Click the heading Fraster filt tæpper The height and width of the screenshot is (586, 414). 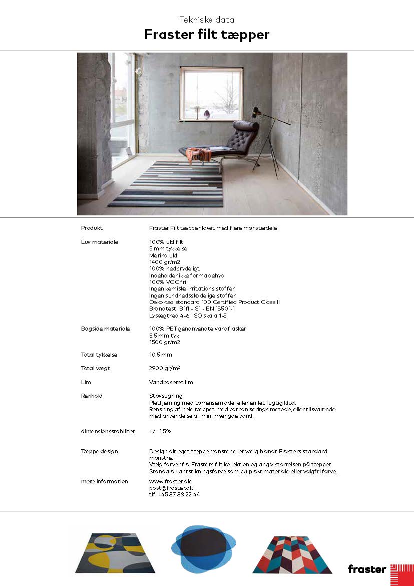click(207, 35)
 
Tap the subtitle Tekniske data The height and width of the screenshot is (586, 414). click(207, 20)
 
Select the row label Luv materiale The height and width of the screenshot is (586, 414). click(100, 242)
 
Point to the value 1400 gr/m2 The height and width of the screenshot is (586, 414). click(164, 262)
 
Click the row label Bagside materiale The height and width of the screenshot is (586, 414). click(105, 329)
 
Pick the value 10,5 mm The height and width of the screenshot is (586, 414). click(160, 355)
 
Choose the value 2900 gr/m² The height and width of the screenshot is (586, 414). click(164, 368)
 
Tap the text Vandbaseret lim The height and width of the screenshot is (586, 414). click(171, 382)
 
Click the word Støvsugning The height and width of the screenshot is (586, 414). click(166, 396)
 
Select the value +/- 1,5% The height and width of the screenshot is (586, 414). click(160, 431)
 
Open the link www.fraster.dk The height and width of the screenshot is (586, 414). click(170, 481)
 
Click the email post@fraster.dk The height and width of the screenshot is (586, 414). click(171, 488)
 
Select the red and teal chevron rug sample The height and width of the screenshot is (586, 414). click(292, 554)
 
